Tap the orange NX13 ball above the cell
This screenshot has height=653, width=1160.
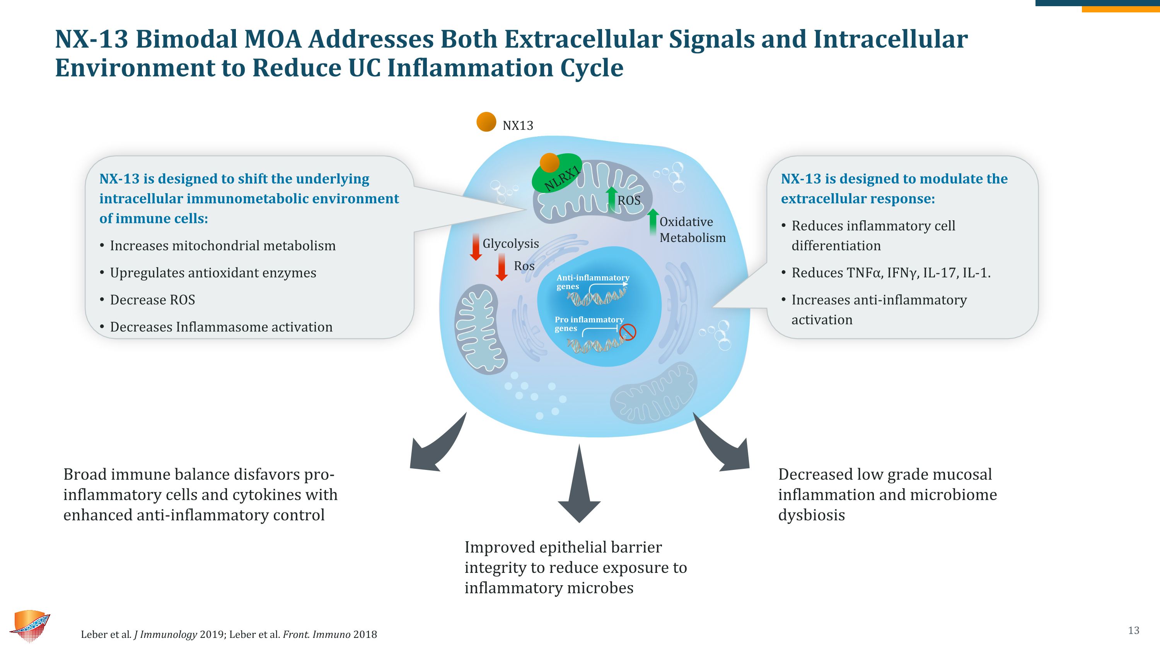tap(486, 122)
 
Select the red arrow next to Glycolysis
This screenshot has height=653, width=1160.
tap(476, 247)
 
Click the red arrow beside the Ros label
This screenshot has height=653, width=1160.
tap(501, 267)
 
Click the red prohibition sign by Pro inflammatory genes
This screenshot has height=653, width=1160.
tap(628, 332)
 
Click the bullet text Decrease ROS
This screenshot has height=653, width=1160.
tap(152, 300)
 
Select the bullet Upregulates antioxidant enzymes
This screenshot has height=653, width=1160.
tap(213, 273)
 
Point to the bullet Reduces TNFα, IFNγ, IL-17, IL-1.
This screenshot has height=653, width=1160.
tap(891, 273)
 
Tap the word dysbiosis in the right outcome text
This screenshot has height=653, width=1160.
tap(812, 515)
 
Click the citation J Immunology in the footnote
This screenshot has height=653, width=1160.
tap(165, 634)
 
